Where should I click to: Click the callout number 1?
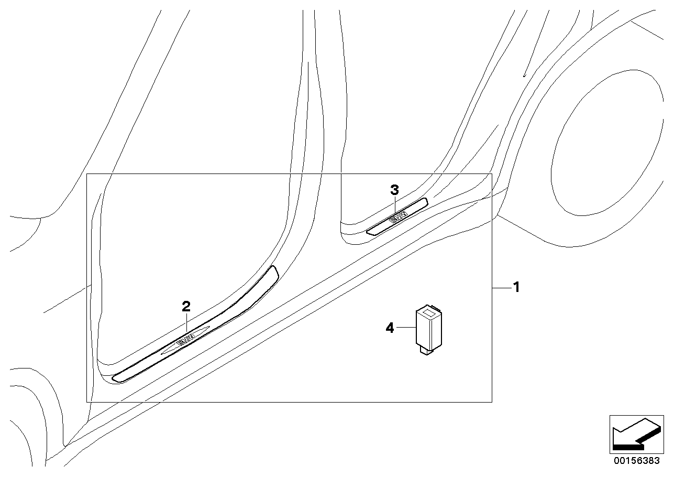(x=516, y=287)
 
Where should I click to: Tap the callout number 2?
(x=186, y=306)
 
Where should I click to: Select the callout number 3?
(x=394, y=190)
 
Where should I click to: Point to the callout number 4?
(x=389, y=328)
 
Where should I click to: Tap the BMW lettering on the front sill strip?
(x=186, y=341)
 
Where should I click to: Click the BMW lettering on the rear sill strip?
(x=399, y=216)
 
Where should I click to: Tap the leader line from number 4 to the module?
(x=406, y=328)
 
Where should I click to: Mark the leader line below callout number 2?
(x=186, y=323)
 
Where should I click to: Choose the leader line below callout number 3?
(x=394, y=204)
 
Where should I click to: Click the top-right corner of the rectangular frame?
(x=492, y=174)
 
